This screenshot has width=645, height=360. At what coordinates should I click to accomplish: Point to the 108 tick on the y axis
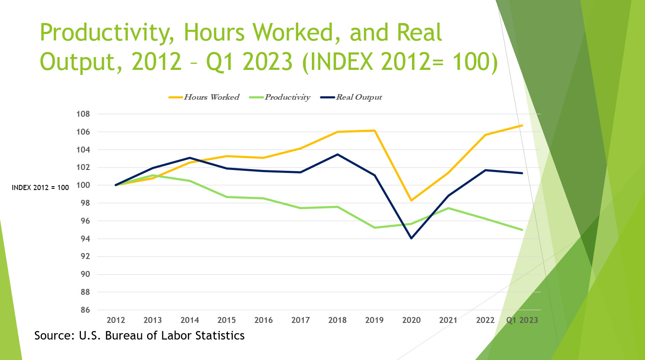click(83, 114)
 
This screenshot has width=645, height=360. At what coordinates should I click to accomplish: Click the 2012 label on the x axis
click(116, 320)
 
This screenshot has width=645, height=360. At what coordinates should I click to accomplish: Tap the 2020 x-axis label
click(411, 320)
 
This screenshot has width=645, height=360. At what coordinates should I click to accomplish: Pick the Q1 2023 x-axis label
click(522, 320)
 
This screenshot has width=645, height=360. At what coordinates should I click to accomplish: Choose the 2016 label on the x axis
click(263, 320)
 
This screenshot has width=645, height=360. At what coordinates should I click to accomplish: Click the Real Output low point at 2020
click(411, 238)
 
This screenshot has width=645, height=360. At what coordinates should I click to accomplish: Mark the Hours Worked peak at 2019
click(374, 130)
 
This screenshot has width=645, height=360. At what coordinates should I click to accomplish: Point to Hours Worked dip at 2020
click(411, 200)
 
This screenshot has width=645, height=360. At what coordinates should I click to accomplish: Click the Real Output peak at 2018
click(337, 154)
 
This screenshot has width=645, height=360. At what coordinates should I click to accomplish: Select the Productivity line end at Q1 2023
click(522, 230)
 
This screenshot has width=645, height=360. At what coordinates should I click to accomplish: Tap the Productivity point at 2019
click(374, 228)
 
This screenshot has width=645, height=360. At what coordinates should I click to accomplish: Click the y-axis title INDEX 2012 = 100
click(40, 187)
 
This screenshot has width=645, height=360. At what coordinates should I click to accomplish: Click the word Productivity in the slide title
click(107, 33)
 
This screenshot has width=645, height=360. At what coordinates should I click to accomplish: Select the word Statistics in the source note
click(220, 336)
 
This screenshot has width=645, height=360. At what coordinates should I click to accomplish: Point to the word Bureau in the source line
click(124, 336)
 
